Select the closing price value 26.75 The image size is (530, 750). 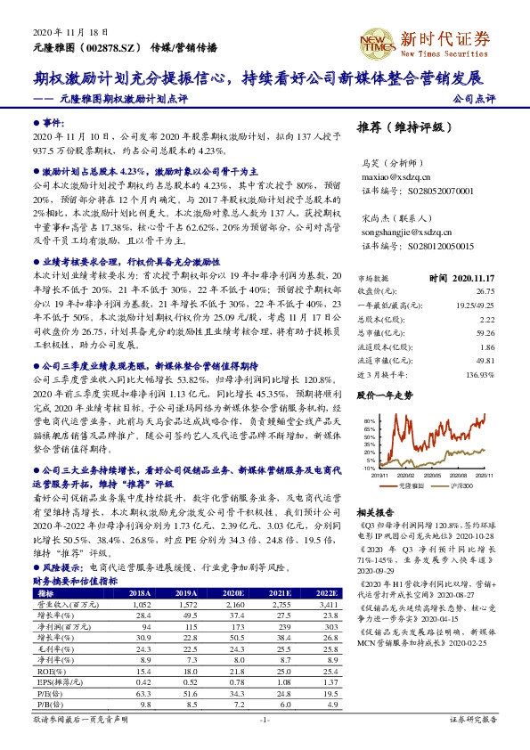485,290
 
